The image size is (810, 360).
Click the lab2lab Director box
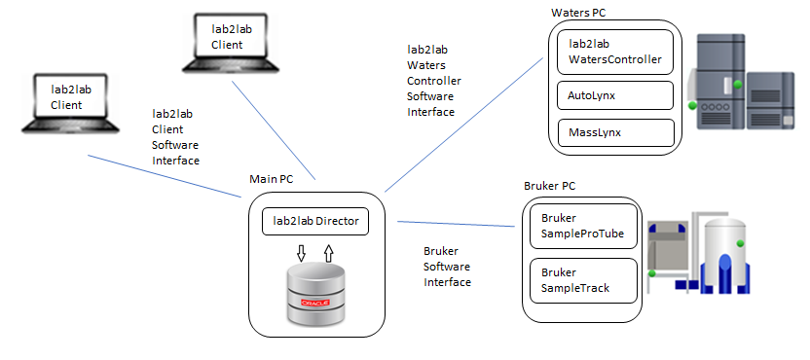(x=312, y=222)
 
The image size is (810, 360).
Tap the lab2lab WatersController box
(x=614, y=52)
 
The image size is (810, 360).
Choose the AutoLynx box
(x=614, y=95)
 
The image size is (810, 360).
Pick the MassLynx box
(x=614, y=132)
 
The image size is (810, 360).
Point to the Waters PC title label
(x=582, y=13)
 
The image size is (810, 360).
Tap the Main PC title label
(x=272, y=180)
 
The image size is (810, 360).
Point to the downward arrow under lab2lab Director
(x=301, y=253)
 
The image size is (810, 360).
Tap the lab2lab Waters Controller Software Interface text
(x=433, y=81)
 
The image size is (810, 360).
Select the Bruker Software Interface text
(x=447, y=267)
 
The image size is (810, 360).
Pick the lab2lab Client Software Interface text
(x=175, y=136)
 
